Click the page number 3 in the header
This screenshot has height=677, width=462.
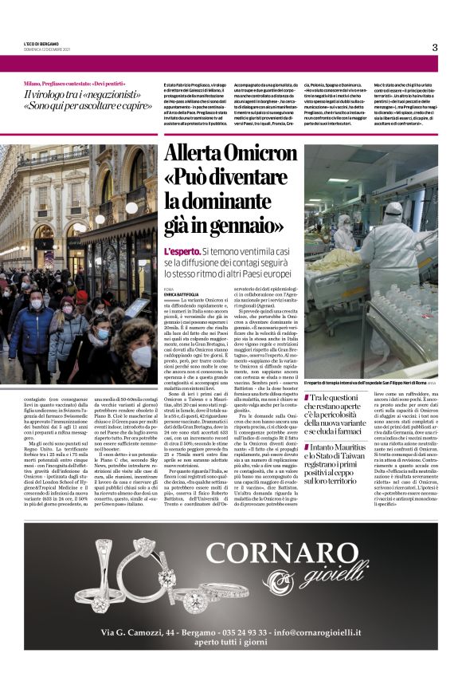[x=435, y=47]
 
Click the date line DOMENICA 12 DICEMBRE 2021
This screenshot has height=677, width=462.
[x=47, y=50]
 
